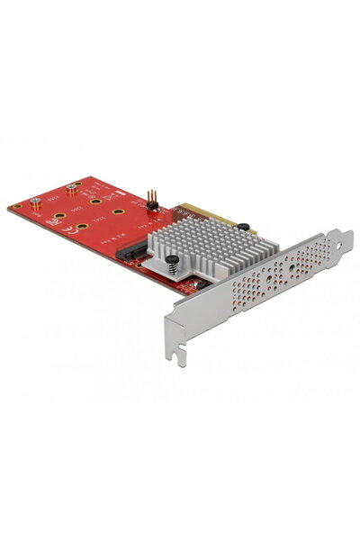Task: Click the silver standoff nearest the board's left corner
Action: (x=37, y=202)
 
